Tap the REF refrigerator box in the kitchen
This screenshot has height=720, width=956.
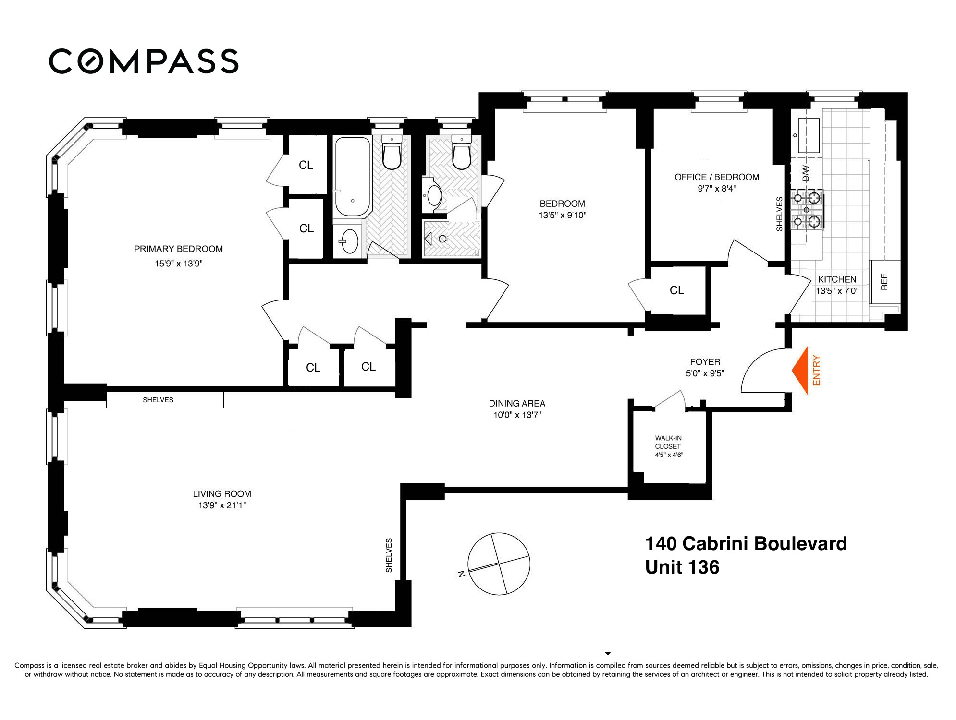coord(885,282)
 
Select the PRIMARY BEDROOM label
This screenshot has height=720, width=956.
coord(178,249)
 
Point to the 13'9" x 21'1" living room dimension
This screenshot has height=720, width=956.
coord(222,505)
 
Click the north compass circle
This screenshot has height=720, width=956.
coord(499,563)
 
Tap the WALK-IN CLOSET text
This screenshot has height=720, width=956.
coord(668,442)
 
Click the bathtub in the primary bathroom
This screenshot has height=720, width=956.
coord(352,177)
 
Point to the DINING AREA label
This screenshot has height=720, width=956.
coord(517,403)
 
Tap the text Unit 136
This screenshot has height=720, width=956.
coord(682,567)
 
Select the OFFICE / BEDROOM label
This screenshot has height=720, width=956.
coord(717,177)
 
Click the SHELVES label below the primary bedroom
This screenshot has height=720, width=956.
coord(158,400)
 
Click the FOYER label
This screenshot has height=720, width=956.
coord(705,362)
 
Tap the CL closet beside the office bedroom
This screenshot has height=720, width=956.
coord(677,290)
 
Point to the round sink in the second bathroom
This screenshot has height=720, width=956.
coord(435,196)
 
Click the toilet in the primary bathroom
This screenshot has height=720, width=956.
coord(392,153)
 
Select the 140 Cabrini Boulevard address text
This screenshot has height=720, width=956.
coord(746,544)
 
